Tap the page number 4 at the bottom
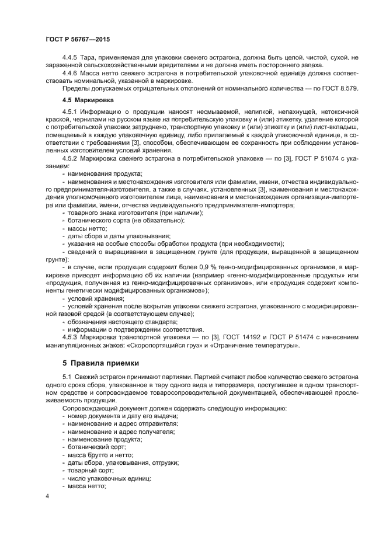[x=47, y=496]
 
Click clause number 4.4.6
[x=71, y=73]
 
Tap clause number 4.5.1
[x=71, y=111]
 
